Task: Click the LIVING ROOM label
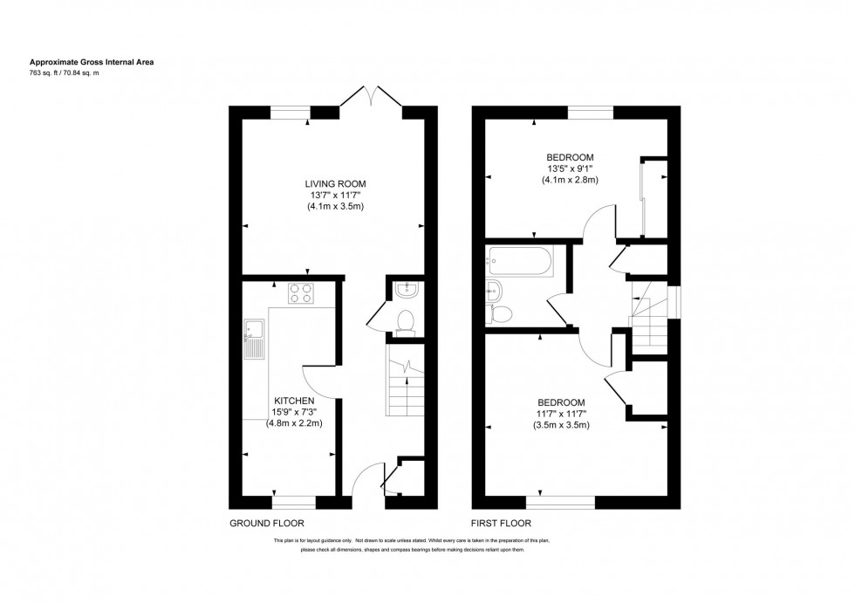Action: (335, 183)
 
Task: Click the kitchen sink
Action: (254, 338)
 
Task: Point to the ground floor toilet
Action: (404, 322)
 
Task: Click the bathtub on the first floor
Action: (522, 259)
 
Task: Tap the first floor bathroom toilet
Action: (502, 312)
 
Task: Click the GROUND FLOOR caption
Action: (266, 525)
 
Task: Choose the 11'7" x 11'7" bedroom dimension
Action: (561, 414)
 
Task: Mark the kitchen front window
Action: (294, 502)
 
